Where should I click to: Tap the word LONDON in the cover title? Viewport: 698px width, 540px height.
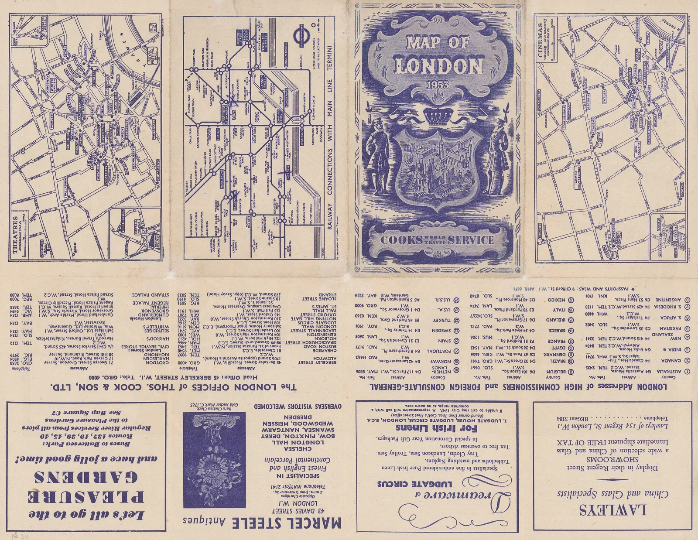[x=439, y=66]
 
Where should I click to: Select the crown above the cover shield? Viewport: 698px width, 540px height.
[x=438, y=116]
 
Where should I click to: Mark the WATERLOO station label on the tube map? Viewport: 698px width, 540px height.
[x=301, y=135]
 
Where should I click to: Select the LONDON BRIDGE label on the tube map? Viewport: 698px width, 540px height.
[x=286, y=55]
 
